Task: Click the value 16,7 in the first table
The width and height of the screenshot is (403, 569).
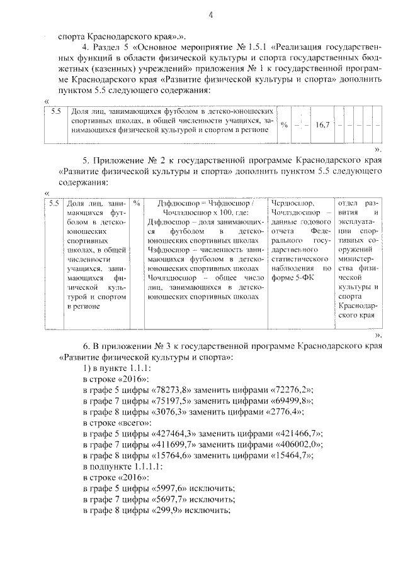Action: click(323, 125)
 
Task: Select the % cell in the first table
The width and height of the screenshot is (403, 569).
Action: click(284, 125)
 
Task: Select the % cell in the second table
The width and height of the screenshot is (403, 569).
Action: click(137, 204)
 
